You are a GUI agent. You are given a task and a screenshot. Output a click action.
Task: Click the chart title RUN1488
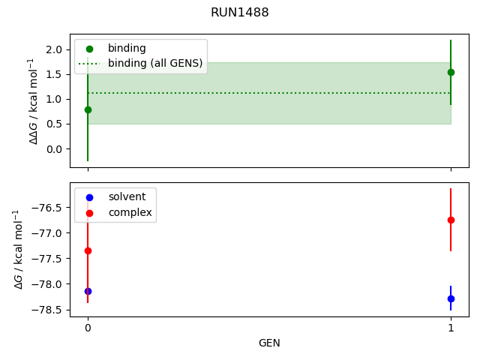[x=240, y=13]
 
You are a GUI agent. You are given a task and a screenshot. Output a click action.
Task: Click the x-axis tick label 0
[x=88, y=328]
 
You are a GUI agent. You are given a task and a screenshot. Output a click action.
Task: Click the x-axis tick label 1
[x=451, y=328]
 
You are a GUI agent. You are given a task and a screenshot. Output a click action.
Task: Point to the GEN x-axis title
[x=269, y=343]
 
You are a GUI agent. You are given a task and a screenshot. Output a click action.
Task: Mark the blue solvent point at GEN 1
[x=451, y=298]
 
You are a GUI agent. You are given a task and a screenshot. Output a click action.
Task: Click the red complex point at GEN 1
[x=451, y=220]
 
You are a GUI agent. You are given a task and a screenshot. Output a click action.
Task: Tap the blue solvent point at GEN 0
[x=88, y=291]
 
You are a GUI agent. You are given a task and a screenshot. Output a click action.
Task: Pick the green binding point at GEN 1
[x=451, y=72]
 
